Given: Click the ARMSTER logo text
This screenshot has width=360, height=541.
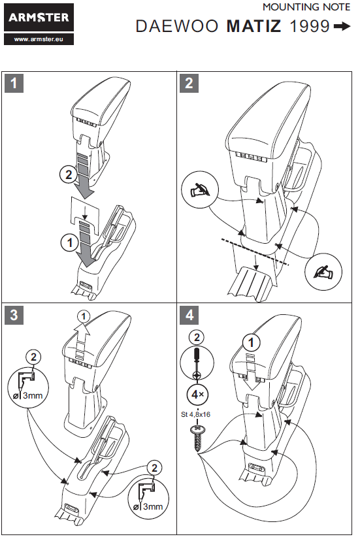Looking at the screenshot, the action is point(39,17).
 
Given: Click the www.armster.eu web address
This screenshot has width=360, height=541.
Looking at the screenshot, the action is point(39,39).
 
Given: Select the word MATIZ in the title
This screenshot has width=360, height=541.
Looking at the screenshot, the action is point(254,26).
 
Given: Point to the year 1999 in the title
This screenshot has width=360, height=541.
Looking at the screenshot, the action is point(310,26).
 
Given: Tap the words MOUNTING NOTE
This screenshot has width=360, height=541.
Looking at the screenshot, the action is point(306,7).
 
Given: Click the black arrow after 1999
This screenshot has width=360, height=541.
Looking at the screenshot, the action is point(342,26).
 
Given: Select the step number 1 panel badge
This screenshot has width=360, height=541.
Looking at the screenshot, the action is point(14,83).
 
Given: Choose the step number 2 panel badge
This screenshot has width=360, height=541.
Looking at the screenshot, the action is point(189,83).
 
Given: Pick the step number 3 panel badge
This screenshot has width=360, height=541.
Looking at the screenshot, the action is point(14,315).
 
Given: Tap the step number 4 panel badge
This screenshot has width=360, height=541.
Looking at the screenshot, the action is point(189,315).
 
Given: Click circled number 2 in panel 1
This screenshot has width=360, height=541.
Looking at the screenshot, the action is point(69,174).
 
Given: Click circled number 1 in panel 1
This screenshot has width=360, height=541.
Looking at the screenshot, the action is point(69,242).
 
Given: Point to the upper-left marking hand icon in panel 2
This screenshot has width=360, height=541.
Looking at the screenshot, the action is point(200,189).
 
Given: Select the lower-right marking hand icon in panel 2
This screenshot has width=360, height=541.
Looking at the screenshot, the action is point(323,272).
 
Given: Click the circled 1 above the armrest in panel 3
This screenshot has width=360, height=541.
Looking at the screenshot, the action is point(84,316).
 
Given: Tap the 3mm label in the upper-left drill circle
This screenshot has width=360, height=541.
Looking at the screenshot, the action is point(33,395).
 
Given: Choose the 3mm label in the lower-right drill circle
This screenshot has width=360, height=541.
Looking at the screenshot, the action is point(153,506).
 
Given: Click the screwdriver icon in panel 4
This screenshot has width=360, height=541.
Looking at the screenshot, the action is point(197,363).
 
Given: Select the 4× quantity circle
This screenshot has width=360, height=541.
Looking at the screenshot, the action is point(197,395).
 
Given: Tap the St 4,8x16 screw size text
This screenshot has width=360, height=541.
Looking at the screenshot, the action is point(195,414).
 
